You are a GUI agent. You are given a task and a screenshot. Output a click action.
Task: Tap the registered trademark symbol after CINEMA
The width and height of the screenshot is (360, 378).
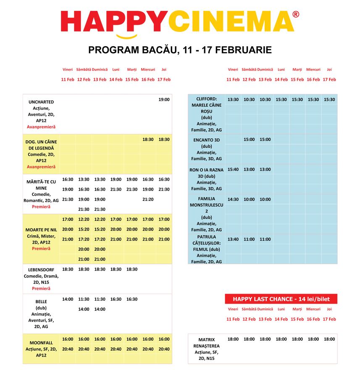[x=296, y=14]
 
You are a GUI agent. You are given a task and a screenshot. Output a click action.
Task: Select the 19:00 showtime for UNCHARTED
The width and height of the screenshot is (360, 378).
[x=164, y=100]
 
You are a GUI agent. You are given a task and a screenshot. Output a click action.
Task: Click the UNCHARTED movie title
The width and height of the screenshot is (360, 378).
[x=41, y=102]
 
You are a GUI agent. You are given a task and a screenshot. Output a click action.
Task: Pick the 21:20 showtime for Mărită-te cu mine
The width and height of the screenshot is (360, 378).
[x=148, y=199]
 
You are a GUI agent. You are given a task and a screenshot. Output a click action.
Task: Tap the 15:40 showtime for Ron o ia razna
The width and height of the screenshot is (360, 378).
[x=233, y=170]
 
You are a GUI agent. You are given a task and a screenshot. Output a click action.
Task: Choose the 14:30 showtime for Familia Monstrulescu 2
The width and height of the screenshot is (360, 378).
[x=233, y=199]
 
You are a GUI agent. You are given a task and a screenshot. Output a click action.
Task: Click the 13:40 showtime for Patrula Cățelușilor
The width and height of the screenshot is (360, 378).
[x=233, y=239]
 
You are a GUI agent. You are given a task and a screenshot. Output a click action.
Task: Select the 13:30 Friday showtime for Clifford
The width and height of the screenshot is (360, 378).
[x=233, y=100]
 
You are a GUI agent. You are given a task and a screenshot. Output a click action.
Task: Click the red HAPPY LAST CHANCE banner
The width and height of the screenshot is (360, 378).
[x=281, y=299]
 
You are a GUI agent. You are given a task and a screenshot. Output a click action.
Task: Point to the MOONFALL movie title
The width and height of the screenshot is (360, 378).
[x=41, y=343]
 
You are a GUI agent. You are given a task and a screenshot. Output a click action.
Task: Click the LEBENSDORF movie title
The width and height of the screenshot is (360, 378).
[x=41, y=270]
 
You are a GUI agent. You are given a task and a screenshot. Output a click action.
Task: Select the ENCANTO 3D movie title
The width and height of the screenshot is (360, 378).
[x=206, y=140]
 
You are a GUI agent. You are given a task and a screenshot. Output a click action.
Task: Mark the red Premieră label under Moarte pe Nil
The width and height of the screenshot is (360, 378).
[x=41, y=249]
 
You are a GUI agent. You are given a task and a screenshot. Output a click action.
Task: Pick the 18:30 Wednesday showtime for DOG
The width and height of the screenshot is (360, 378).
[x=148, y=139]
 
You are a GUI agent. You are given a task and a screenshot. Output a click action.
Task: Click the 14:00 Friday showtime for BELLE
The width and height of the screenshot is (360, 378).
[x=68, y=299]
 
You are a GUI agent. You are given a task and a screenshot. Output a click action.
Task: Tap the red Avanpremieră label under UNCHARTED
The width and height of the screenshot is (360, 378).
[x=41, y=127]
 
